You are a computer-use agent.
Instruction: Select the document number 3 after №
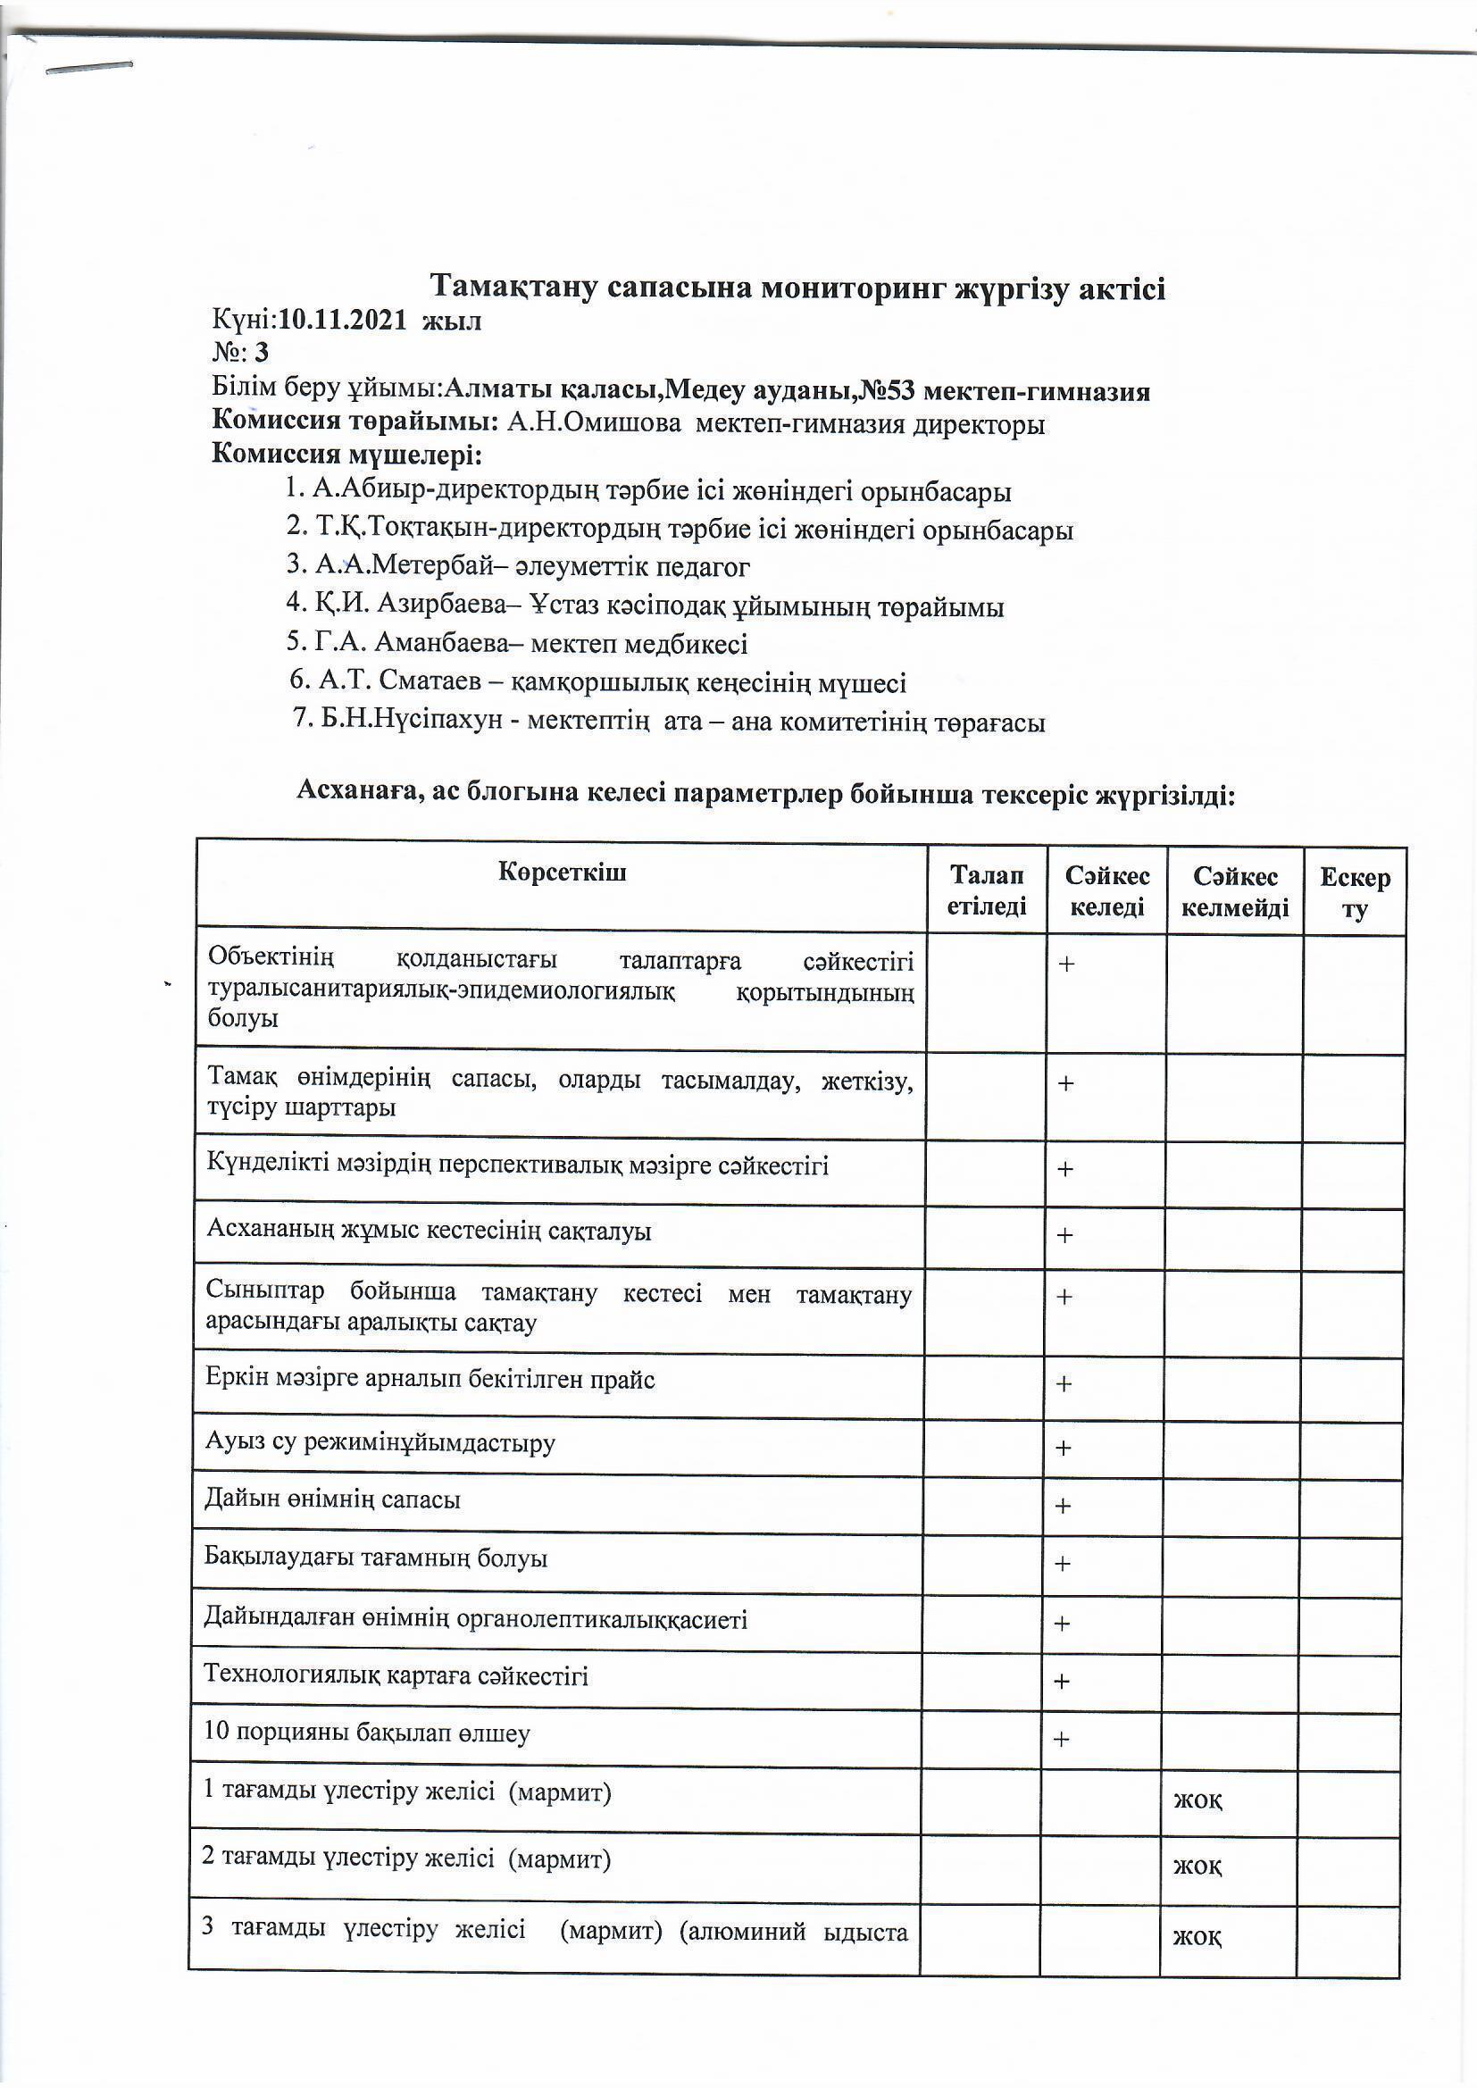262,352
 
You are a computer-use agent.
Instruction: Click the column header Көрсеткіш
562,873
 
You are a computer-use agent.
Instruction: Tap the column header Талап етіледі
987,890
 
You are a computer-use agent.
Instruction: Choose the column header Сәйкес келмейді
1235,892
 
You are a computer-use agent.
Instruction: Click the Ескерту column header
1356,893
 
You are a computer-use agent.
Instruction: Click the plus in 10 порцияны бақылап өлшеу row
1062,1739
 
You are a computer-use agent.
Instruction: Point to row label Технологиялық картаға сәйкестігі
396,1675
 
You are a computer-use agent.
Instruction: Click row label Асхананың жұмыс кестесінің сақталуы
429,1232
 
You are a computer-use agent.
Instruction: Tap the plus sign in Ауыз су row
1063,1448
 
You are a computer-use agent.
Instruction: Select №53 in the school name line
887,391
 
